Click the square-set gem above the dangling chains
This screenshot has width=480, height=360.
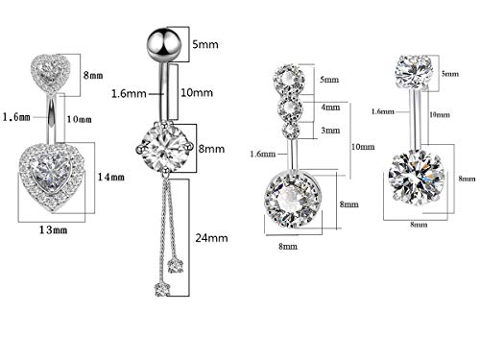(159, 149)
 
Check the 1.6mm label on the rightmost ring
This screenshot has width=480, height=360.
(381, 111)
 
